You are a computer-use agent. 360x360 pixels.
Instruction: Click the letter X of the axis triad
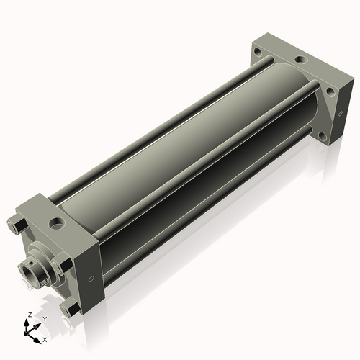pyautogui.click(x=45, y=340)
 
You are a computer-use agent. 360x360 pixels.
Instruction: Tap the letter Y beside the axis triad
pyautogui.click(x=45, y=319)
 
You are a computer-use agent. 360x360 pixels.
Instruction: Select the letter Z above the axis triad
pyautogui.click(x=30, y=315)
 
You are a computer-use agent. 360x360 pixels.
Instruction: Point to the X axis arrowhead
pyautogui.click(x=37, y=341)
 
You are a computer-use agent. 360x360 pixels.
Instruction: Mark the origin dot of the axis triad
pyautogui.click(x=25, y=334)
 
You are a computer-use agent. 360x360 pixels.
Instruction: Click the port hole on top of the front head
pyautogui.click(x=56, y=222)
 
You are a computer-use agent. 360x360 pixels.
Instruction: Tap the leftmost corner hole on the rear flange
pyautogui.click(x=258, y=51)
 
